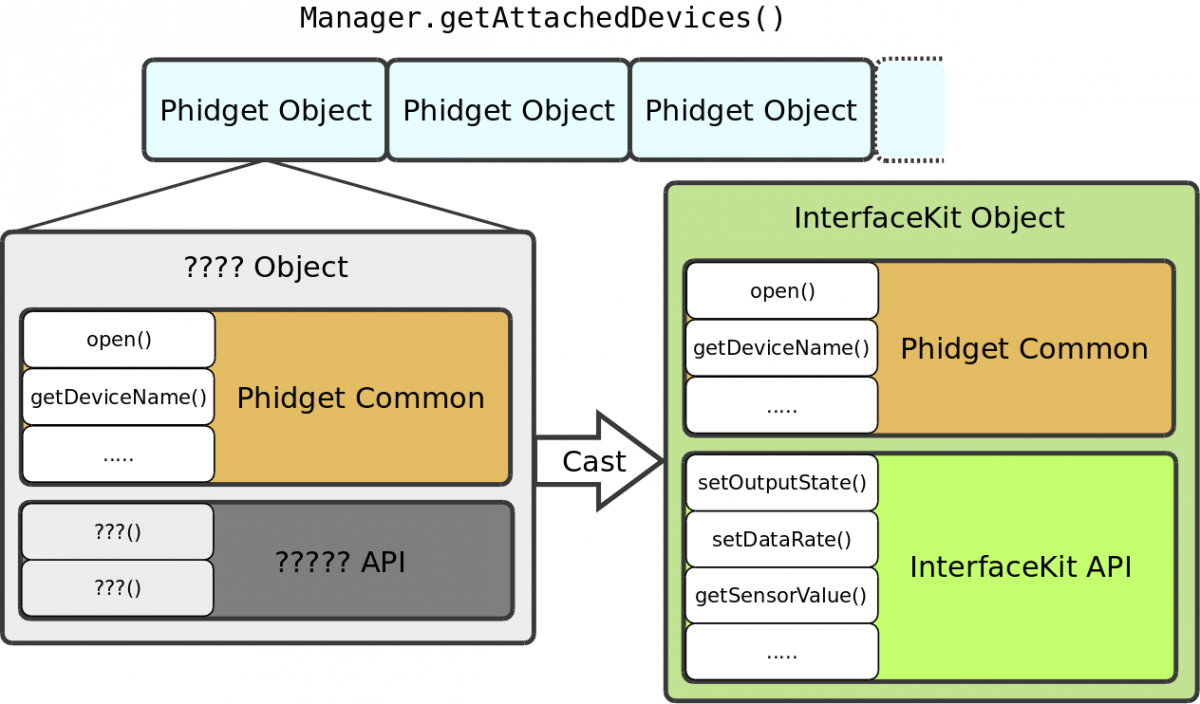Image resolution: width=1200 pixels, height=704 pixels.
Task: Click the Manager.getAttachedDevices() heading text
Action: click(x=543, y=18)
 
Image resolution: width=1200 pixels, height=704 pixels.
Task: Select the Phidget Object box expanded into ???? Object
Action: click(x=265, y=110)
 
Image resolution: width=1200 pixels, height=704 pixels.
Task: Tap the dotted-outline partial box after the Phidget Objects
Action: click(x=910, y=110)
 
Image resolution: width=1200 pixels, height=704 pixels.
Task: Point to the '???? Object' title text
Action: click(x=266, y=267)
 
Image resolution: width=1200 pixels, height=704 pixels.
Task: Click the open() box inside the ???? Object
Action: click(x=119, y=339)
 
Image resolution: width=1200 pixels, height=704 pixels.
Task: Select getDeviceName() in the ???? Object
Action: click(x=119, y=397)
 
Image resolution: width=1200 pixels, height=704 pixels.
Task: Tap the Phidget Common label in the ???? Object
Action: click(x=360, y=398)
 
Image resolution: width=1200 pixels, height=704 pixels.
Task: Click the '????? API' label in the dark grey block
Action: click(x=340, y=562)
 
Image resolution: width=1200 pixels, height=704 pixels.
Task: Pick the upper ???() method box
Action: click(x=118, y=532)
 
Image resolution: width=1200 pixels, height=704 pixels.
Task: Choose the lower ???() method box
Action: click(x=118, y=588)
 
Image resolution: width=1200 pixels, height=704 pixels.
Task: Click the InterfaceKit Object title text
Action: click(x=929, y=217)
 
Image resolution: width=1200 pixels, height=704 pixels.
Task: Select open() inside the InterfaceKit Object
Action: click(x=782, y=291)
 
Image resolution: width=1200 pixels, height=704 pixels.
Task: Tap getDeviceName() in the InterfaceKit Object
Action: click(x=782, y=349)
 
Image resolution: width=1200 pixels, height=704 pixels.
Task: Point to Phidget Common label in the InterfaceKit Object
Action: click(x=1024, y=349)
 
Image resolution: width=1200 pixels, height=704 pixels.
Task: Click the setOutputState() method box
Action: click(x=782, y=483)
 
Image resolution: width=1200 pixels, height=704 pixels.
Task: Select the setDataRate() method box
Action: click(x=782, y=540)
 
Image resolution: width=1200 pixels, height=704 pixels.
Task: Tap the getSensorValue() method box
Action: click(x=782, y=596)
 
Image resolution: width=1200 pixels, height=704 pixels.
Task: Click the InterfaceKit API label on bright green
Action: click(x=1020, y=567)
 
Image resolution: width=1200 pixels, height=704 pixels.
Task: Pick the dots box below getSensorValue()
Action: click(x=782, y=653)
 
